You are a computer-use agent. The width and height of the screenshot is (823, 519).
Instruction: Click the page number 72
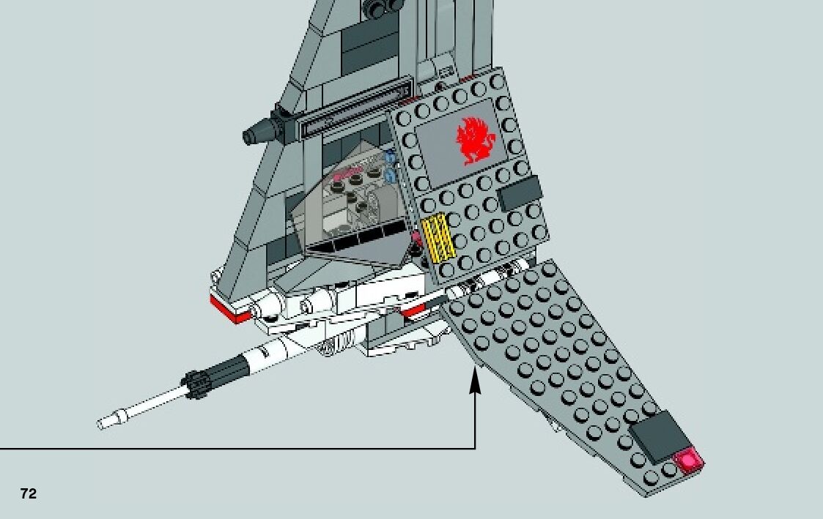28,494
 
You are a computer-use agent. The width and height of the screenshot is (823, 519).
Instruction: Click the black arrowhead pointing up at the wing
475,381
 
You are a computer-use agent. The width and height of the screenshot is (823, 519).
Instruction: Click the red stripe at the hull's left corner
227,308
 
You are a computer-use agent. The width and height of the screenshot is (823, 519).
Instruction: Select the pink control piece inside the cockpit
350,174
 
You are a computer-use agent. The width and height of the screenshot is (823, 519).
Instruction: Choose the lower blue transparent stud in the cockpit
391,176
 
